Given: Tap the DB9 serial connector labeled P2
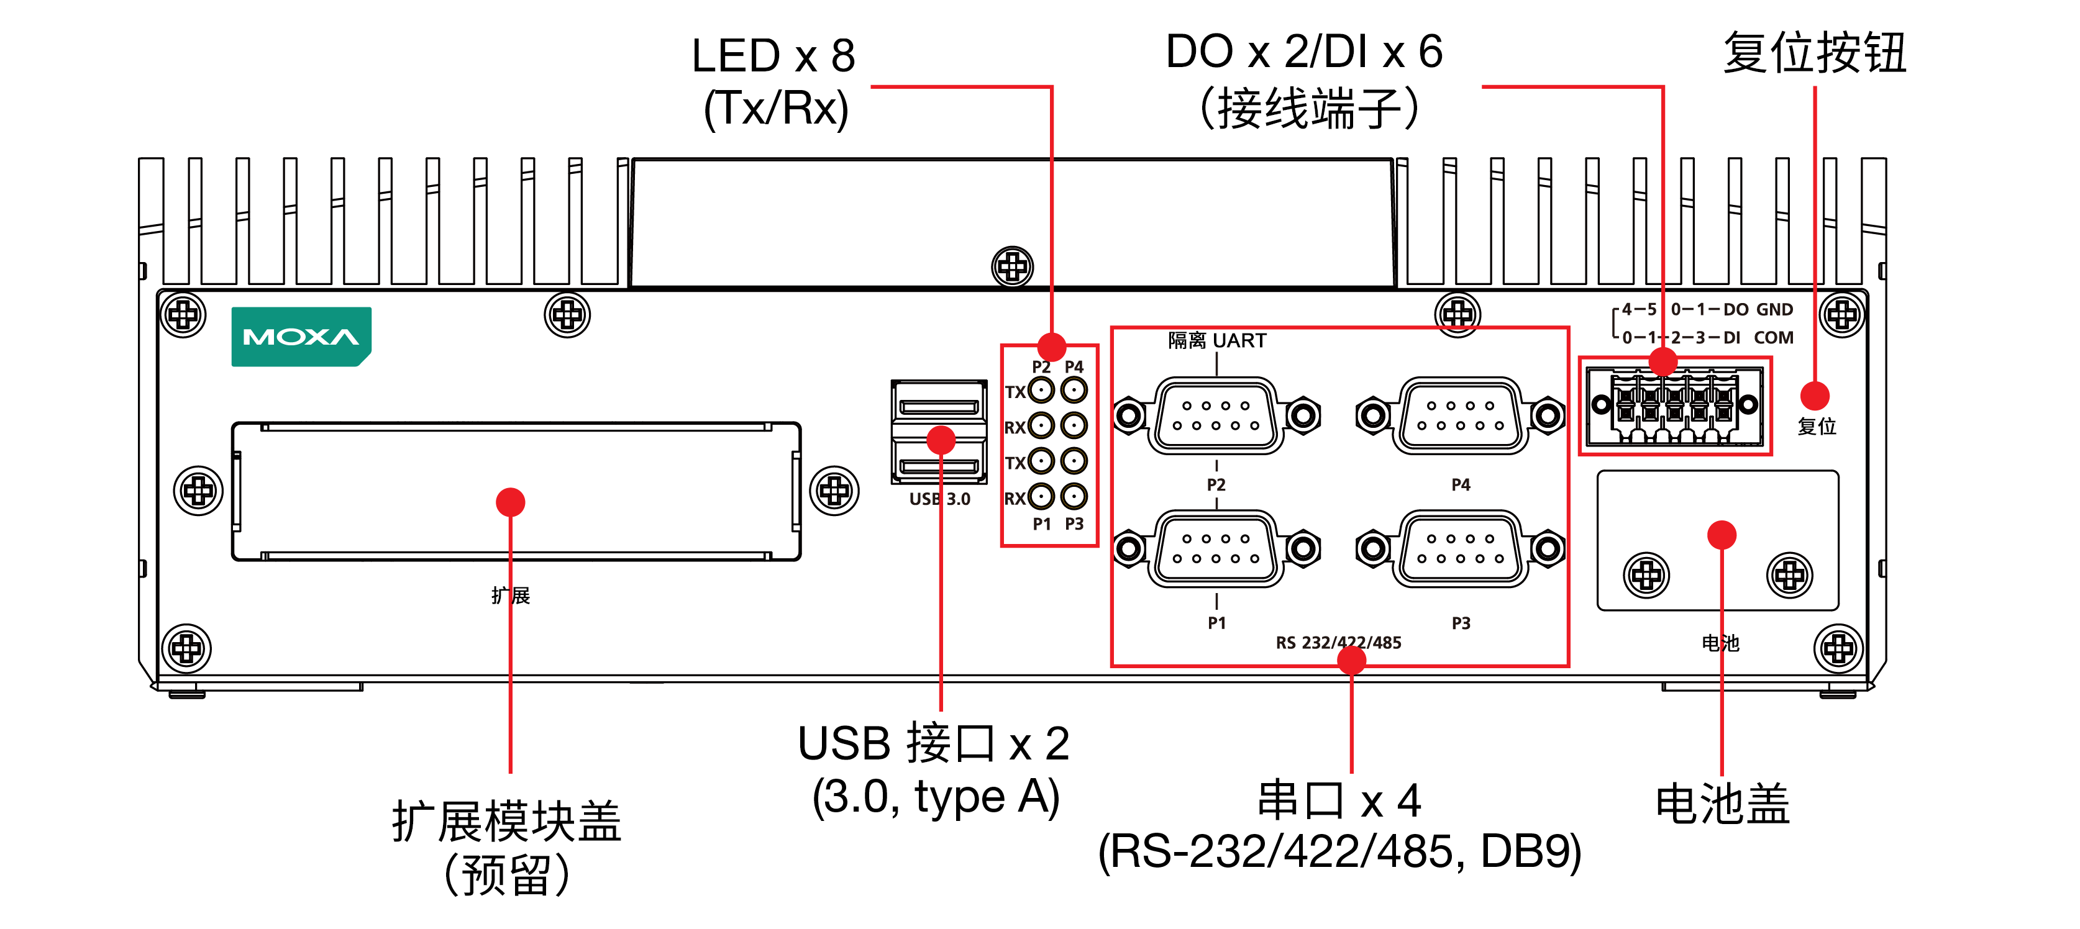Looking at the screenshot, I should pos(1216,415).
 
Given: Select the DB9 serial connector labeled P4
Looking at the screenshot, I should pos(1461,415).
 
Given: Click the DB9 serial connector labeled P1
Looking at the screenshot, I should pos(1216,549).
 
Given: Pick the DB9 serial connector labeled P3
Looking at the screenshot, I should pos(1461,549).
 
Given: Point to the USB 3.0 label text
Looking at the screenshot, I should pos(940,499).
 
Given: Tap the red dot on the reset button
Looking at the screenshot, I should pos(1814,396).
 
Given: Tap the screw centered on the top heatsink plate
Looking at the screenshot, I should pos(1012,266).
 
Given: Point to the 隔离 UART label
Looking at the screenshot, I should pos(1217,340).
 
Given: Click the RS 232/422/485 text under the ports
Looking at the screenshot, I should pos(1338,643).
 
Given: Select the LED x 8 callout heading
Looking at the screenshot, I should pos(773,57).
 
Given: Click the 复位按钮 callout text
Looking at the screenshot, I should pos(1814,53).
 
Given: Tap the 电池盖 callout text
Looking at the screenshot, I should pos(1722,804).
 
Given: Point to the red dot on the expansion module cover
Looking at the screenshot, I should pos(510,502).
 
